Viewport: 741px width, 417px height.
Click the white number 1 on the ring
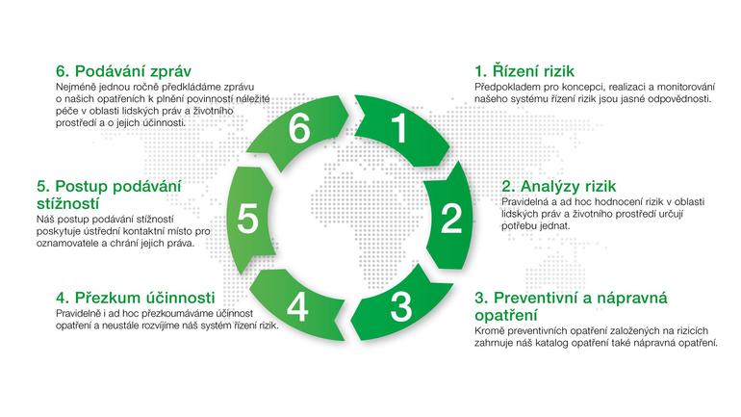point(399,128)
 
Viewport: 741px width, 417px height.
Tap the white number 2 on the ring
point(450,219)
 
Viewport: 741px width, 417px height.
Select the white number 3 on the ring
point(400,307)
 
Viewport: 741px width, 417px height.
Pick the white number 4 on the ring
point(297,307)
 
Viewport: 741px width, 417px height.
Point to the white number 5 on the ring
point(247,219)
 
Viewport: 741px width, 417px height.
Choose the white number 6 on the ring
point(299,128)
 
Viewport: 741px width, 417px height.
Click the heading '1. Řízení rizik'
point(524,71)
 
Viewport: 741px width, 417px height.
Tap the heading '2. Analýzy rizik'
point(558,186)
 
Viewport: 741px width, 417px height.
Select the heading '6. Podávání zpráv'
point(123,71)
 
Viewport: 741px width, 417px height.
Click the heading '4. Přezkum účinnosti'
point(135,298)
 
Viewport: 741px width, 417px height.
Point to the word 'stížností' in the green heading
point(68,203)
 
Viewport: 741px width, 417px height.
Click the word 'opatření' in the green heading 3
point(506,315)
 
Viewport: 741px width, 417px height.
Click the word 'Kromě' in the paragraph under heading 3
point(488,331)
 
